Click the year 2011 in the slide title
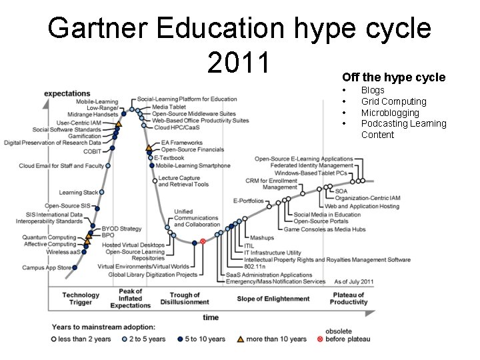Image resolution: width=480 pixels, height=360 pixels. [239, 63]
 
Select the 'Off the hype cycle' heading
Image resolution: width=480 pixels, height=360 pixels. [393, 77]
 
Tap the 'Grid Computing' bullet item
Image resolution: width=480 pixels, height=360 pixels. [393, 101]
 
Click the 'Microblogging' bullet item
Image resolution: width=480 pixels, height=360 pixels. [390, 113]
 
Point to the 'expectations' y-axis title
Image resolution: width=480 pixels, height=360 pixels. [67, 93]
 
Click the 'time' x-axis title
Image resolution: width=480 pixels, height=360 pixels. [211, 317]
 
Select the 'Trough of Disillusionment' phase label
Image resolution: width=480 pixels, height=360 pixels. [185, 299]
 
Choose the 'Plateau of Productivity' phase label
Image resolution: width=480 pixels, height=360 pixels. [349, 299]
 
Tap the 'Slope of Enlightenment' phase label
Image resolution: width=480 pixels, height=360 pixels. [273, 299]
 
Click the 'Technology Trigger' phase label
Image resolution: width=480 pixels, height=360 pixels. [81, 299]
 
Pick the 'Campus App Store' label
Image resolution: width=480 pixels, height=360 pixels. [47, 268]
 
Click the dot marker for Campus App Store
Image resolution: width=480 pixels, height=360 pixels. [75, 268]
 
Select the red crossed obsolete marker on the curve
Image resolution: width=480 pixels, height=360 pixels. [203, 241]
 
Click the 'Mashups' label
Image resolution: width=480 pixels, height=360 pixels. [261, 238]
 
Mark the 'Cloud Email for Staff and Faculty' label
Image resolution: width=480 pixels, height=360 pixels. [61, 166]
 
